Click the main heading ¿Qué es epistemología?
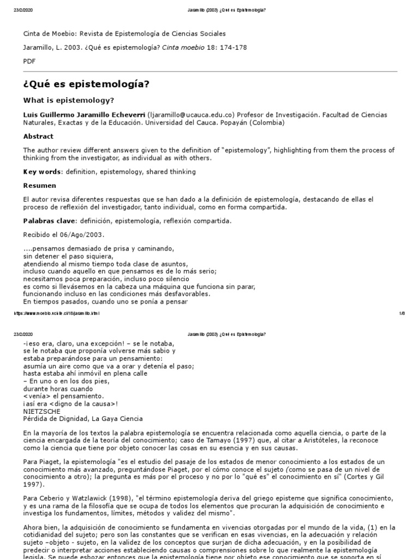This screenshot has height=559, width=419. (x=86, y=84)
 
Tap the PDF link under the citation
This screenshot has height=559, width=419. (x=28, y=62)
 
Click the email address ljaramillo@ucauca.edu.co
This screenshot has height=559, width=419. (x=190, y=115)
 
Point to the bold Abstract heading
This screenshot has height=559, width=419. (x=38, y=136)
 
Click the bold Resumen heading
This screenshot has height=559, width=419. (x=39, y=186)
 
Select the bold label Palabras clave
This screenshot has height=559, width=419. (x=50, y=221)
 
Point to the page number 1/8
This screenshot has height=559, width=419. (x=402, y=314)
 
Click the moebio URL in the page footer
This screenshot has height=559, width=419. (x=56, y=314)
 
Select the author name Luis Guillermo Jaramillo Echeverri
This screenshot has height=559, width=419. (x=83, y=115)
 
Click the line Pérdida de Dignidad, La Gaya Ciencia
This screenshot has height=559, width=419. (x=82, y=419)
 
